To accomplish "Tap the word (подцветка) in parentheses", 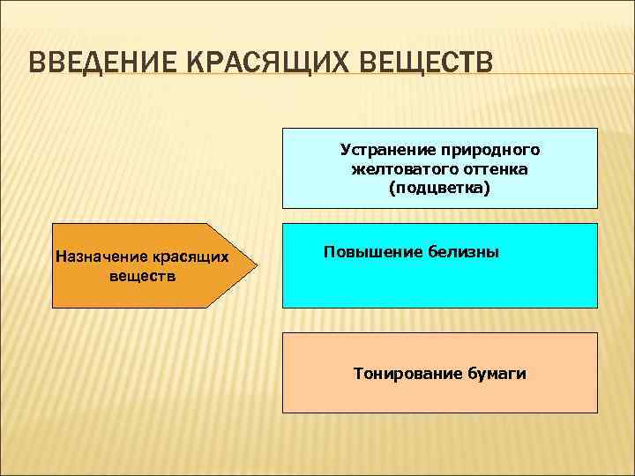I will pos(438,189).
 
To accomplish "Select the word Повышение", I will pos(367,252).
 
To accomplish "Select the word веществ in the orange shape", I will pos(142,276).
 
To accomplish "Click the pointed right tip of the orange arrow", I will pos(257,264).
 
